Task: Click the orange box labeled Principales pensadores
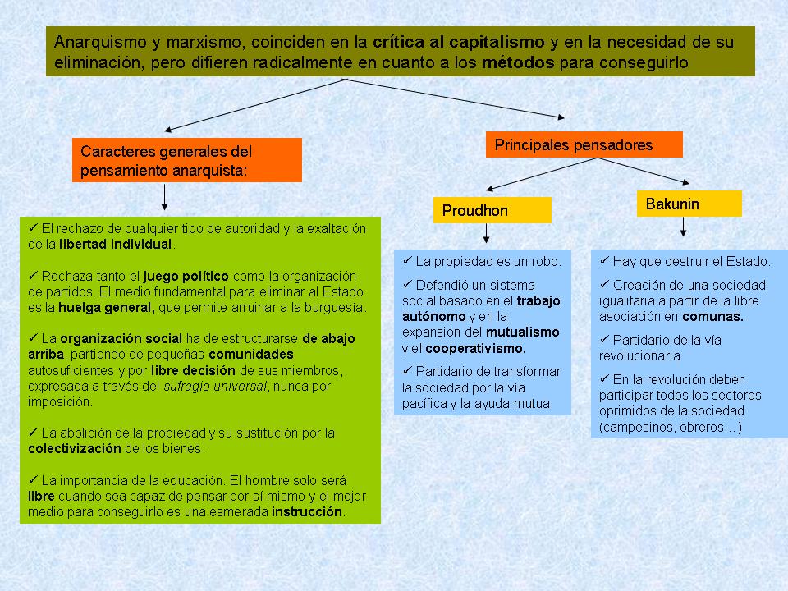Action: click(584, 144)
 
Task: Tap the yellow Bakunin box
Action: click(689, 204)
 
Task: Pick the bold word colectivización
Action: click(74, 448)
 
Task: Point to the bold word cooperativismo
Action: click(479, 348)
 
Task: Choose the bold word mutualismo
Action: click(524, 332)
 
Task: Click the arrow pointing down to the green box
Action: click(166, 198)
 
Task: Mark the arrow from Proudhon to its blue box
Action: click(487, 233)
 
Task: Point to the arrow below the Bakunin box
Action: click(683, 227)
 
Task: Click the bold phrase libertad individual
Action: click(115, 244)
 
